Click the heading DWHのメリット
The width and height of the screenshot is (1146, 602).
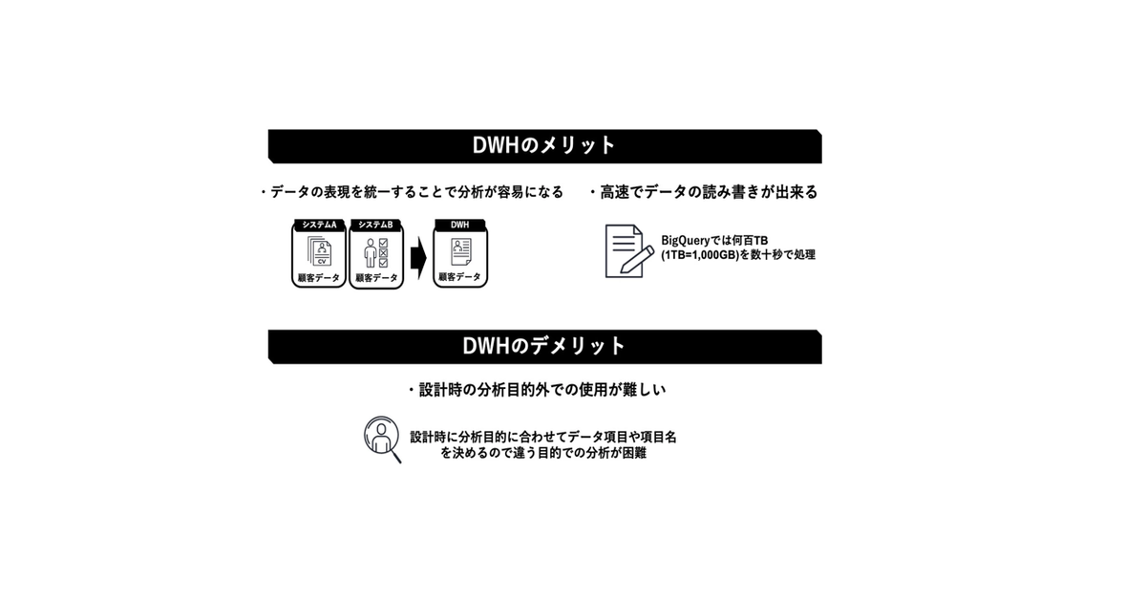544,146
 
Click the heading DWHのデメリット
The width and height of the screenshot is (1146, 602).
544,346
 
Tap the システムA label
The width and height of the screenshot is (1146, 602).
319,225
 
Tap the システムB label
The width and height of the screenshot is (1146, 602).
375,225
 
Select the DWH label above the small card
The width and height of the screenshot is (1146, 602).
459,225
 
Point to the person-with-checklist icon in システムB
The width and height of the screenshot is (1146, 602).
375,253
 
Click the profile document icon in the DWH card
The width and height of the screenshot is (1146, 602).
459,253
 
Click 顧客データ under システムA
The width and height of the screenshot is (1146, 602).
319,278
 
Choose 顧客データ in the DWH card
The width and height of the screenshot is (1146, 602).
459,277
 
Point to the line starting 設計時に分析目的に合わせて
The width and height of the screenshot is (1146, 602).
543,436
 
